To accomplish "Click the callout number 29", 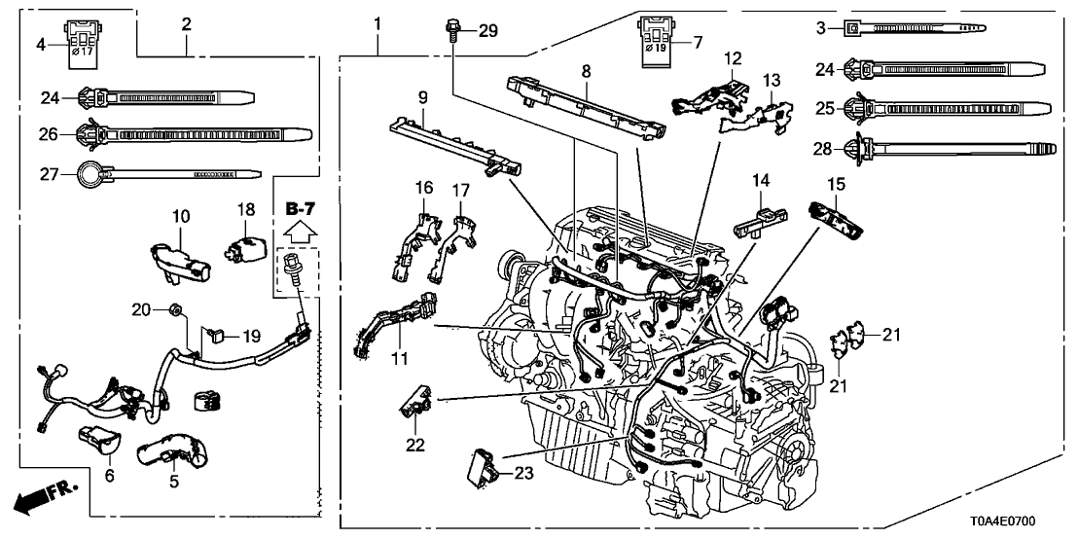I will pos(487,32).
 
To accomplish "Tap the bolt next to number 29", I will pos(455,30).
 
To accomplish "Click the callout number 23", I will pos(525,473).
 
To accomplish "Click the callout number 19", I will pos(252,337).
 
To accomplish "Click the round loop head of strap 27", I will pos(90,175).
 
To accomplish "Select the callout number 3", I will pos(823,29).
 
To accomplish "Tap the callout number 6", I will pos(109,476).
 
